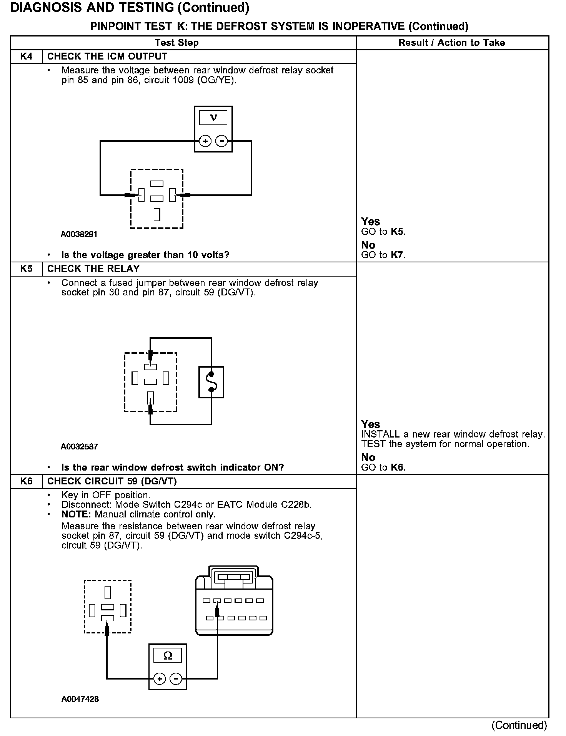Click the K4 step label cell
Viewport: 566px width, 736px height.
pos(26,56)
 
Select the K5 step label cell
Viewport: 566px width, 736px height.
pos(26,269)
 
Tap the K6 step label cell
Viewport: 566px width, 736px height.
pos(26,481)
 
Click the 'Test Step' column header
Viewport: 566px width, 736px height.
pos(176,43)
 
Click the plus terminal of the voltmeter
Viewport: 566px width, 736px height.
pos(205,141)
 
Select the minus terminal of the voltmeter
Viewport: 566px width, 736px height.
pos(221,141)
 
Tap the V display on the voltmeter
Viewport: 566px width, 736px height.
pos(213,118)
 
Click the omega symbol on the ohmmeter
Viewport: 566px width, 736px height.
pos(168,656)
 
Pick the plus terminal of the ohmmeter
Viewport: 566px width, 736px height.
pos(160,679)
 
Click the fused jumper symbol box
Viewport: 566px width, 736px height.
pos(211,382)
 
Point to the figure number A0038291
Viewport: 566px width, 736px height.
pos(79,234)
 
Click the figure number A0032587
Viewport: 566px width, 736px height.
pos(79,446)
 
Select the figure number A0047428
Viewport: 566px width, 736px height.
pos(80,699)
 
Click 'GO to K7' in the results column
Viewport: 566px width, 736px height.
pos(383,255)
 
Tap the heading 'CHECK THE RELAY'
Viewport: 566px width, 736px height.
pos(93,269)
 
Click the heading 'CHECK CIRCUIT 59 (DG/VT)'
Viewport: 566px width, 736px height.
pos(112,481)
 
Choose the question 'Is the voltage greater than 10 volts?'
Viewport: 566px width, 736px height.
pos(145,255)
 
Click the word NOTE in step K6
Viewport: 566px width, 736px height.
pos(76,514)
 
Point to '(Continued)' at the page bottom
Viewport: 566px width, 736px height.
pos(519,725)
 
